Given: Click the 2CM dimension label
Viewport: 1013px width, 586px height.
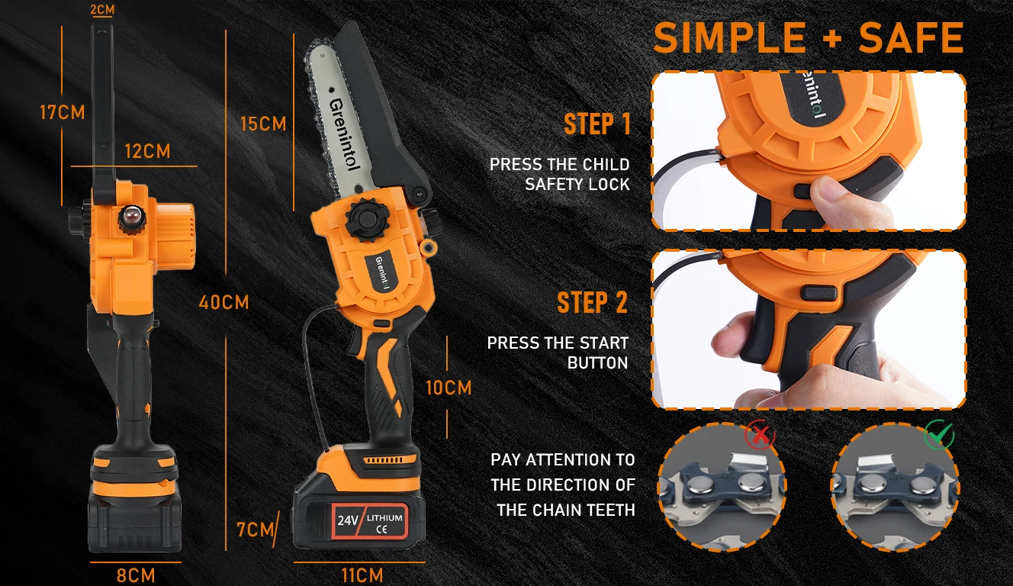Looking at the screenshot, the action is [x=103, y=9].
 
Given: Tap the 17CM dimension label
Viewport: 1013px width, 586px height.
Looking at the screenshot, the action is [x=63, y=112].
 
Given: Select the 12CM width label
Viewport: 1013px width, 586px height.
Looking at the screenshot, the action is [x=148, y=151].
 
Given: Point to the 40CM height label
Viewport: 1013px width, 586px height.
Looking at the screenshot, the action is [x=224, y=302].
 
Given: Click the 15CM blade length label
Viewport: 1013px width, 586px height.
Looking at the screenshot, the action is [x=264, y=124].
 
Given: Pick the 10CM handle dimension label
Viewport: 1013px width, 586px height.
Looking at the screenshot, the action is [x=449, y=388].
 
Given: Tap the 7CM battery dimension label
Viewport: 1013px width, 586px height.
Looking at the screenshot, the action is [x=256, y=530].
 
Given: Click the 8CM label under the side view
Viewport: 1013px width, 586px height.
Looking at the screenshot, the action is [x=136, y=575].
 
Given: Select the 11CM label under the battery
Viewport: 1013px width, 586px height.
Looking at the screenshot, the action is [x=362, y=575].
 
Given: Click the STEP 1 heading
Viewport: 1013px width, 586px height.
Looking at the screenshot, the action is [x=597, y=124].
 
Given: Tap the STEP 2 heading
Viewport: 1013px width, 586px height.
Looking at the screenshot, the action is [x=593, y=302].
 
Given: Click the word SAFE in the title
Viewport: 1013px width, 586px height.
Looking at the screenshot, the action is [x=912, y=38].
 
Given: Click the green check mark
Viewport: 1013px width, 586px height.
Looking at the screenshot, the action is [x=939, y=434].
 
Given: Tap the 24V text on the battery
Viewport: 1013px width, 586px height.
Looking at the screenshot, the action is [x=348, y=520].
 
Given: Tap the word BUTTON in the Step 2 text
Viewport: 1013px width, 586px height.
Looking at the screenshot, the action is [x=598, y=363].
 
